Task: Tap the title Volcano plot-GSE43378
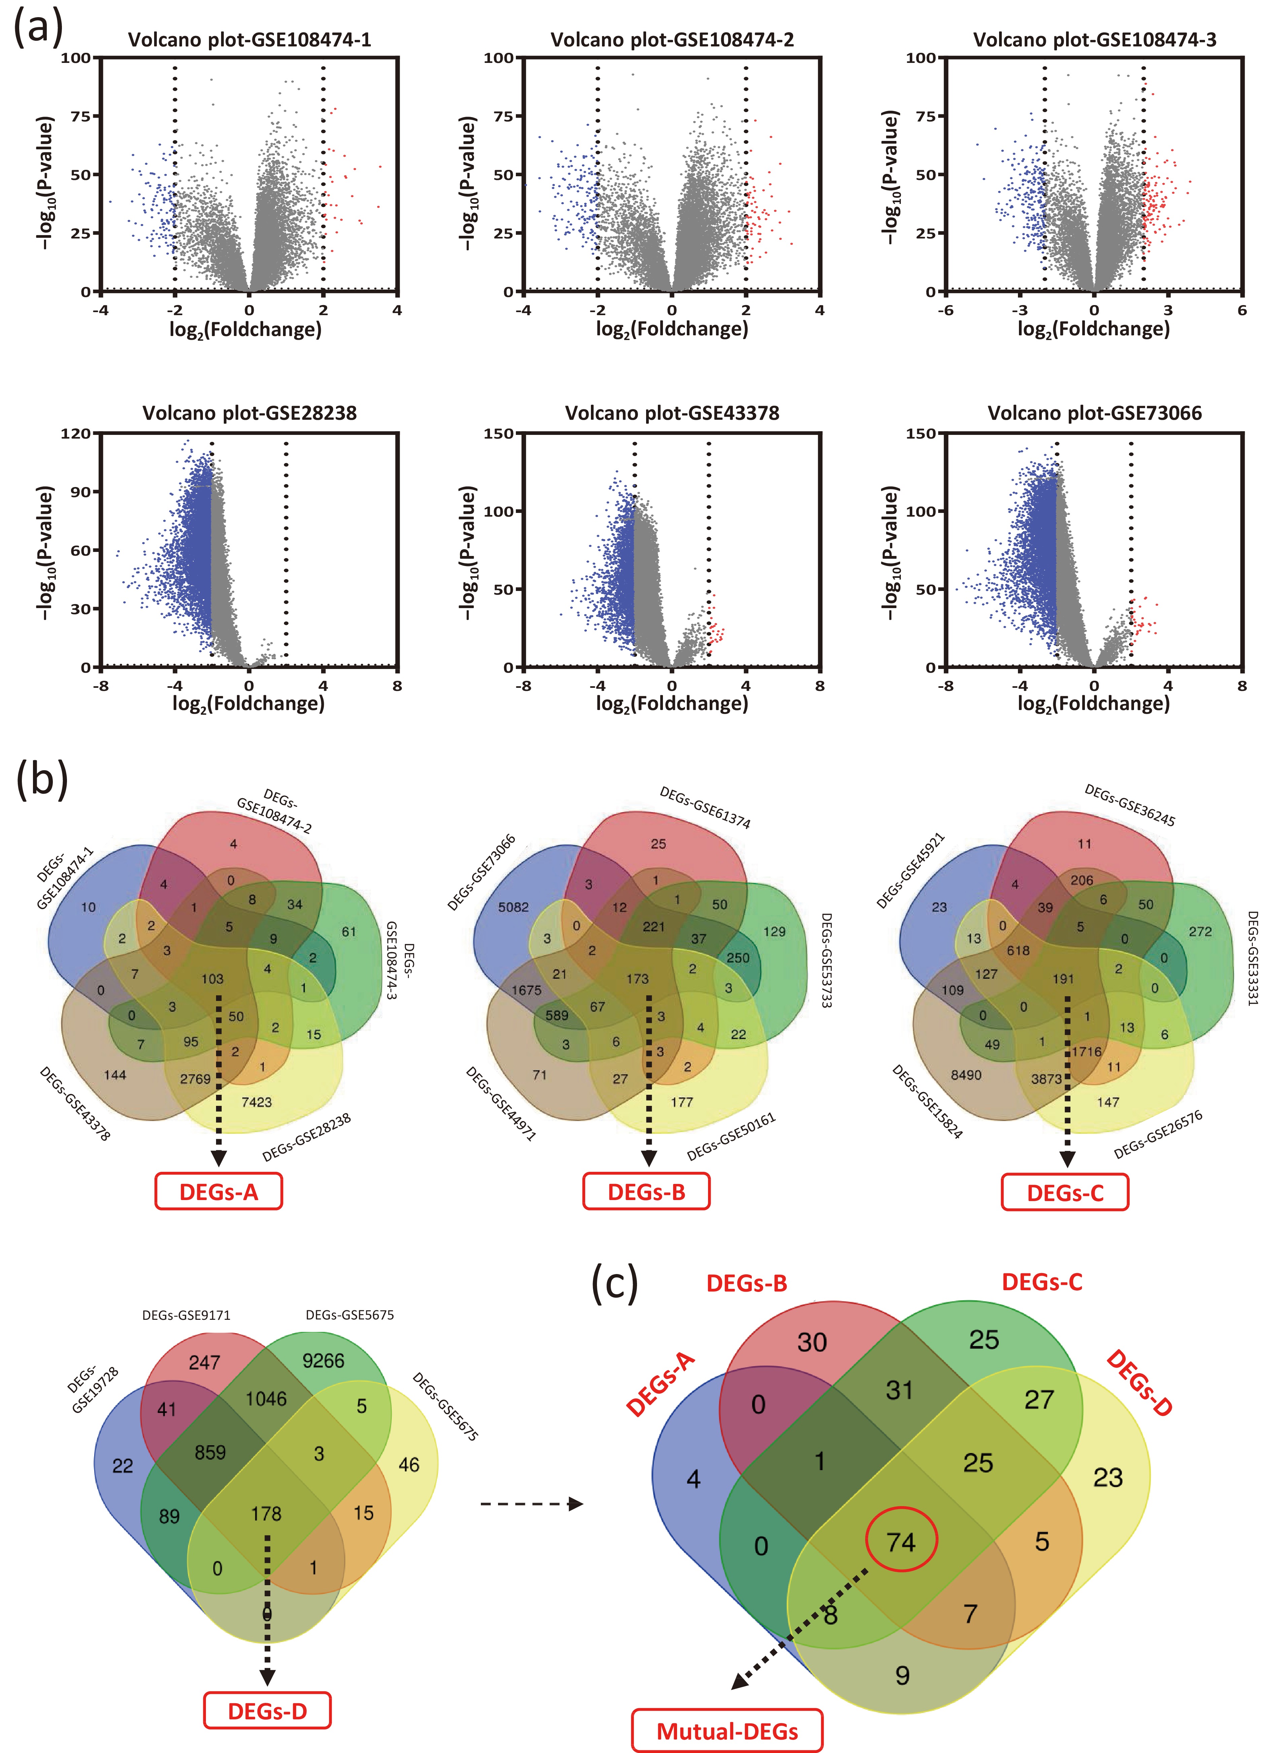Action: [672, 413]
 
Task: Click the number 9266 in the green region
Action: [323, 1360]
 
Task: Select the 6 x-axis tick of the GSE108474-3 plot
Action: [1242, 311]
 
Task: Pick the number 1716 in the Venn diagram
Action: [1087, 1052]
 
